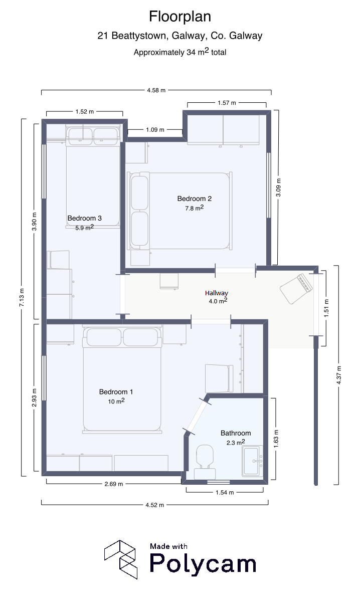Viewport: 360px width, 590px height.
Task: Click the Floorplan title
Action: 180,17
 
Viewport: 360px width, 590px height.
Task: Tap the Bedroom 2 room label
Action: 195,199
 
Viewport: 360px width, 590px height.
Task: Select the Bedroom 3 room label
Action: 85,218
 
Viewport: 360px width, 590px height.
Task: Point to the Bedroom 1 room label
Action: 116,391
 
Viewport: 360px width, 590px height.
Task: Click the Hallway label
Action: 216,293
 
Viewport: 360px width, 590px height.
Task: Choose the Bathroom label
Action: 236,433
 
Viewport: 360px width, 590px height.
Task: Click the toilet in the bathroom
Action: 205,462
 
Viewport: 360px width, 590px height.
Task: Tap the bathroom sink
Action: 252,461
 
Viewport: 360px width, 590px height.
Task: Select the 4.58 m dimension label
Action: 156,90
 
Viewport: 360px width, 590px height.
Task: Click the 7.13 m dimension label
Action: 22,297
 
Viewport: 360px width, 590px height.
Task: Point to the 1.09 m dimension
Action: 155,130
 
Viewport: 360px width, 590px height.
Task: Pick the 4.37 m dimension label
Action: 339,375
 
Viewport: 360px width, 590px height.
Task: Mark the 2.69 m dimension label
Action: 114,484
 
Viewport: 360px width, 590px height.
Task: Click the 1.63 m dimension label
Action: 276,439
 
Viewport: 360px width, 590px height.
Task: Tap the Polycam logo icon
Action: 120,559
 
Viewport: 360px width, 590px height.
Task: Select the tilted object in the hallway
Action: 296,289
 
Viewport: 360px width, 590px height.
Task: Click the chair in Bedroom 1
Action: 217,378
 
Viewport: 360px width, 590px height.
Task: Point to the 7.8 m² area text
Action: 195,208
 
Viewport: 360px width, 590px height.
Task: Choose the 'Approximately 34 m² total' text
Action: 180,52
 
